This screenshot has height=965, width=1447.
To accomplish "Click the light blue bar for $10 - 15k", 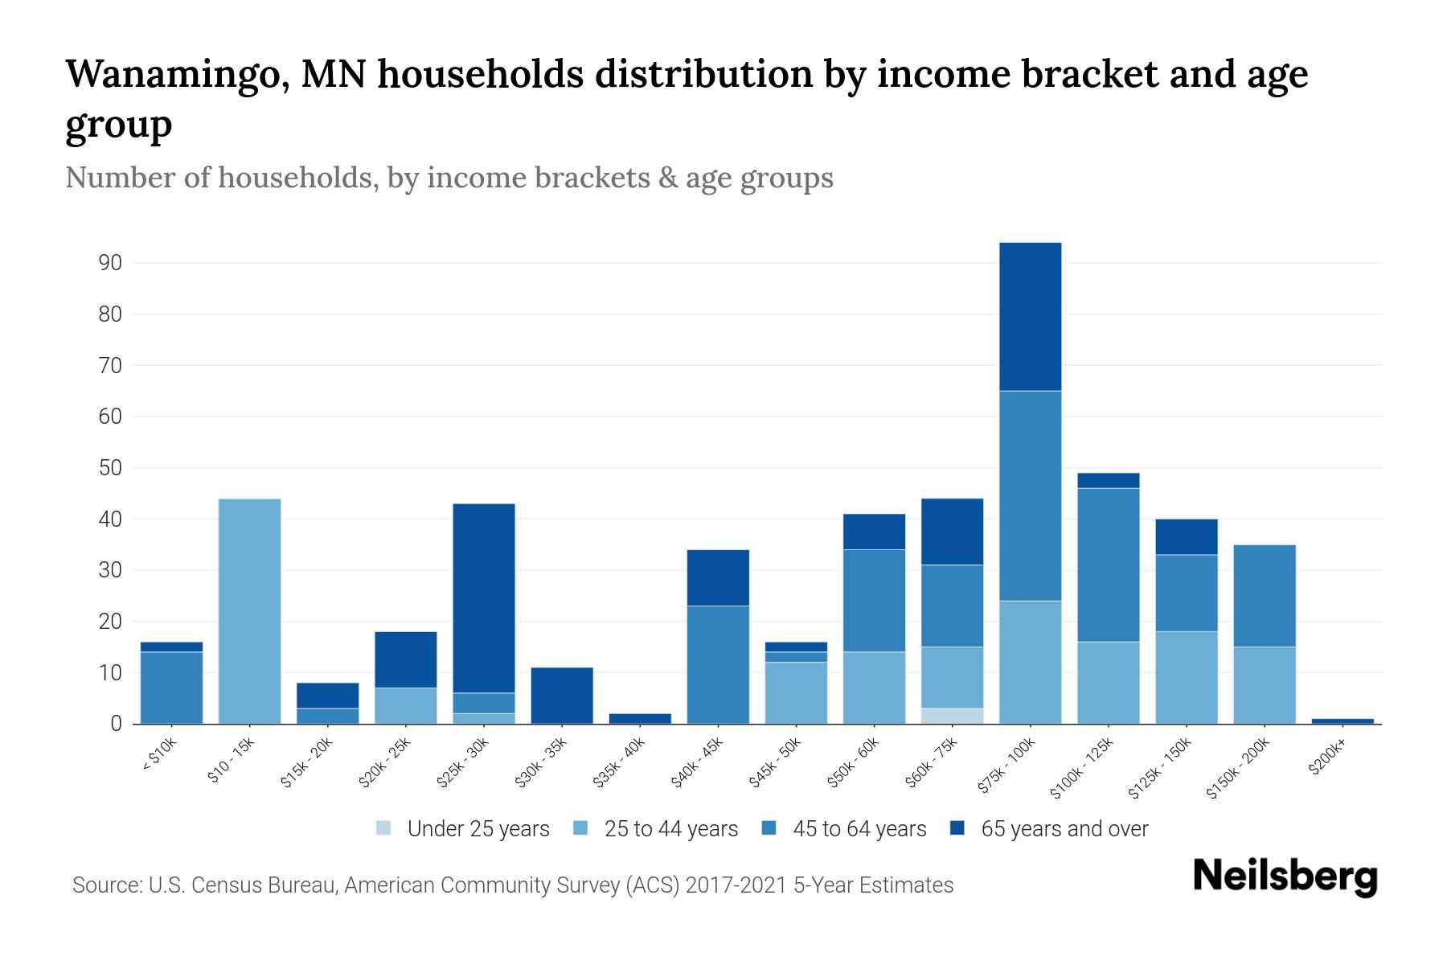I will point(249,611).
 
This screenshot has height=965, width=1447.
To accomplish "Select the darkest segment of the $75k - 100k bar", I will point(1030,317).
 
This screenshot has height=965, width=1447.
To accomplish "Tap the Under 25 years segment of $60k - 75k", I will point(952,716).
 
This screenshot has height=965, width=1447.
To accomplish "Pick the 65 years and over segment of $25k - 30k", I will point(484,598).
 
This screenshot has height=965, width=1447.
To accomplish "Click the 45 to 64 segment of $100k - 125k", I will point(1108,565).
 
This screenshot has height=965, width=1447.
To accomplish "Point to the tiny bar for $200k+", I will point(1342,721).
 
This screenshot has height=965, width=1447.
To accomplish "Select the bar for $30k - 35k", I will point(562,696).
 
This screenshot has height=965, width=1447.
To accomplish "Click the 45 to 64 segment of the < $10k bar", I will point(171,688).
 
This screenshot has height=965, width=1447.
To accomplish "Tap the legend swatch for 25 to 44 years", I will point(580,828).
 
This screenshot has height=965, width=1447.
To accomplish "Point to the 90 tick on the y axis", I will point(110,263).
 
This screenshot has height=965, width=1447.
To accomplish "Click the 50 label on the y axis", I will point(110,468).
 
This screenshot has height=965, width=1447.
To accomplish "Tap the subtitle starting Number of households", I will point(449,178).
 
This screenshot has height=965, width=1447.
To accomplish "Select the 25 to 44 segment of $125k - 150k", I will point(1186,677).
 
